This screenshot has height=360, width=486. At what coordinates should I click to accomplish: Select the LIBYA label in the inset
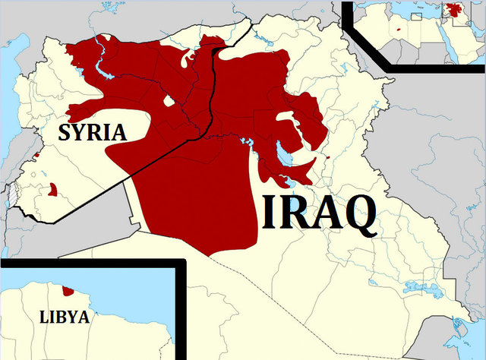[x=64, y=317]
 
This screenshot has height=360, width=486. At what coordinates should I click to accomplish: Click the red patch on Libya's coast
[x=68, y=290]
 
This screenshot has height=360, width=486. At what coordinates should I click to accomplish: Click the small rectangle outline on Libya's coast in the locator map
[x=416, y=16]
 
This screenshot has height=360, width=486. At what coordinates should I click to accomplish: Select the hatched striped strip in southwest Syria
[x=11, y=194]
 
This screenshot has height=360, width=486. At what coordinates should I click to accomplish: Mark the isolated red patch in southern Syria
[x=52, y=189]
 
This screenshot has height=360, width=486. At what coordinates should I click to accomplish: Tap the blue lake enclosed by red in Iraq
[x=282, y=155]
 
